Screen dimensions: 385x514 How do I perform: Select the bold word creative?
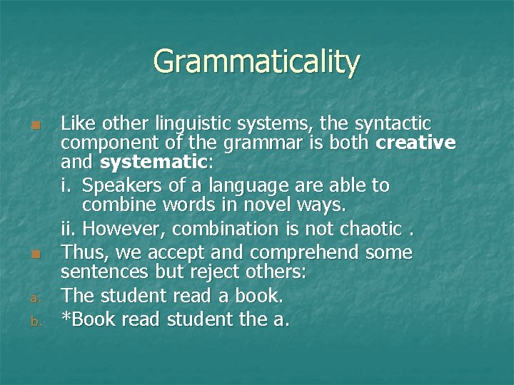click(415, 143)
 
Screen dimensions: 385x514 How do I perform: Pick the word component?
click(120, 143)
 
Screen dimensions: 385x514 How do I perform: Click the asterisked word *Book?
click(89, 319)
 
